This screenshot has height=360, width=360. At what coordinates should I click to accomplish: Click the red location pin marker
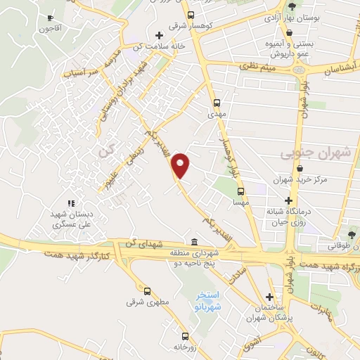(x=181, y=165)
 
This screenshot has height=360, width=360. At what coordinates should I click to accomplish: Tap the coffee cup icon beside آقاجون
(x=49, y=18)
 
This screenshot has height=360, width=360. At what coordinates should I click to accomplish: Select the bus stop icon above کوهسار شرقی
(x=191, y=14)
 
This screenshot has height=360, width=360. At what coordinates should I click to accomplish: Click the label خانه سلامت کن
(x=169, y=46)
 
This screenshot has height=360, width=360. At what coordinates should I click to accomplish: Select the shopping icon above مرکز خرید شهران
(x=301, y=169)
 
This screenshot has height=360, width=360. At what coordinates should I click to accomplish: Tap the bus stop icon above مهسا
(x=240, y=191)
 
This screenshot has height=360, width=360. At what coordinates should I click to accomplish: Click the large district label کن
(x=105, y=150)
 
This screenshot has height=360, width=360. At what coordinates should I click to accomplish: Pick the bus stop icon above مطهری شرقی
(x=147, y=291)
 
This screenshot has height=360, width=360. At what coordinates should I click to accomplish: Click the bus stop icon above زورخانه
(x=185, y=336)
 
